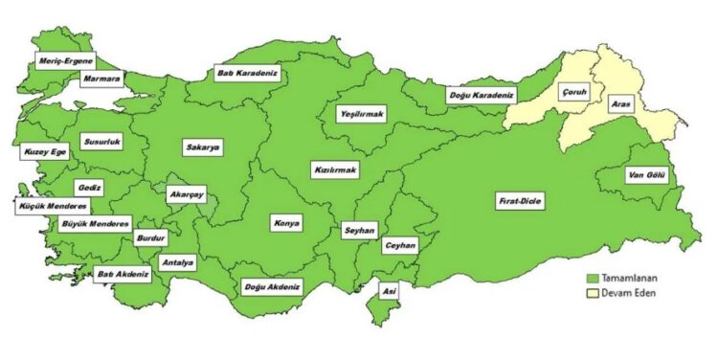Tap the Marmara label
tap(101, 78)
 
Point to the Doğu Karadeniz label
tap(481, 95)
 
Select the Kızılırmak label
tap(335, 170)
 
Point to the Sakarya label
tap(202, 147)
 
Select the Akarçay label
tap(186, 193)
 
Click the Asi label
tap(389, 290)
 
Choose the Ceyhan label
tap(400, 246)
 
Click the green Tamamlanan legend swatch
tap(593, 277)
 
